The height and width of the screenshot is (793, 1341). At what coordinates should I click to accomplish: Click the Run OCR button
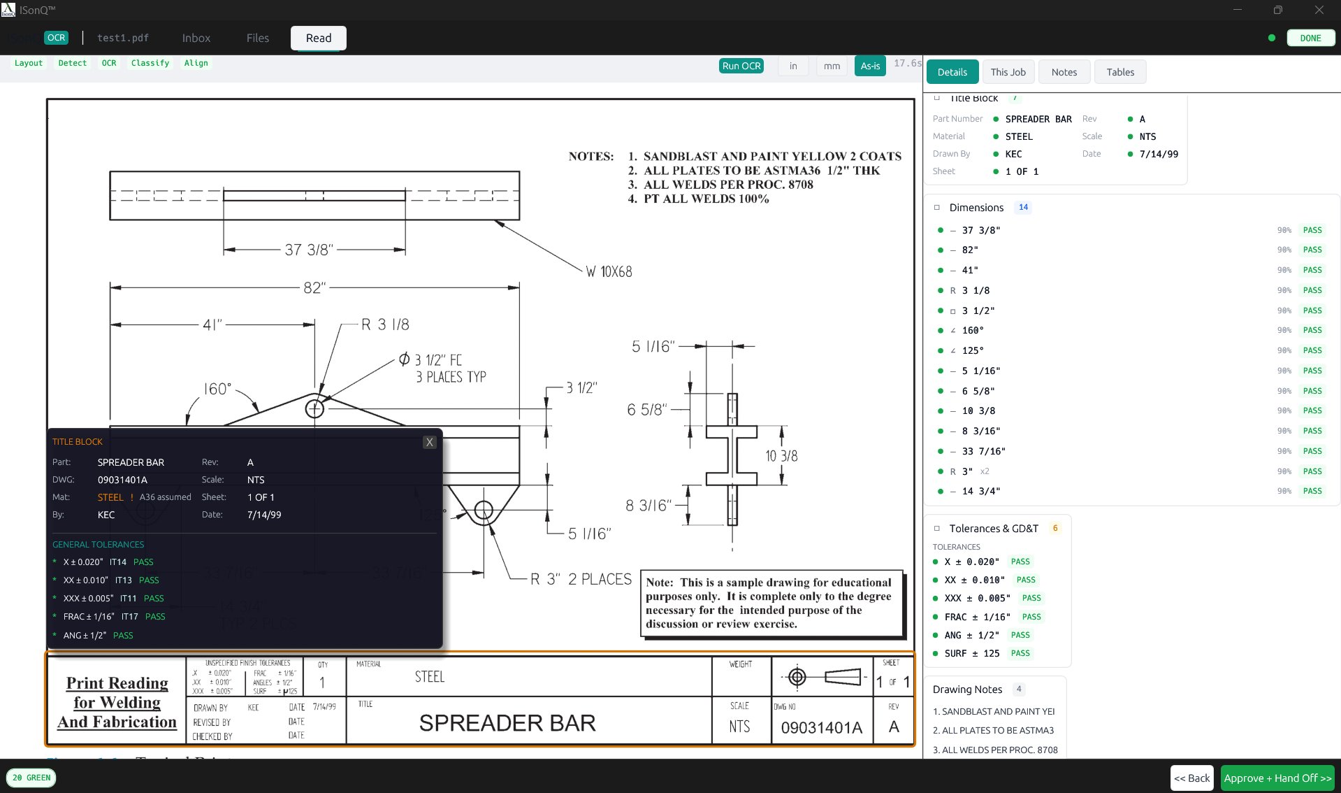point(741,66)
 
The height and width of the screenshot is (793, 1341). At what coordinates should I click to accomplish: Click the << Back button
point(1191,778)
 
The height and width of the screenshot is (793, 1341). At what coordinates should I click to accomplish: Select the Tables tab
point(1119,72)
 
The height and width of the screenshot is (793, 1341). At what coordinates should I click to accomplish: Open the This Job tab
point(1008,72)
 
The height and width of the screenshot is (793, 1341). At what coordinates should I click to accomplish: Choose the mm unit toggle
point(831,66)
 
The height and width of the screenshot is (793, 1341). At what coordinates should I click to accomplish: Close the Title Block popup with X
point(429,442)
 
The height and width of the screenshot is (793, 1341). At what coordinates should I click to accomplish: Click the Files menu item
point(257,38)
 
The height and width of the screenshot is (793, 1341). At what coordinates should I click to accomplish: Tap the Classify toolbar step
point(150,63)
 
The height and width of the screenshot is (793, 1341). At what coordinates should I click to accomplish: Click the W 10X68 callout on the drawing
point(609,272)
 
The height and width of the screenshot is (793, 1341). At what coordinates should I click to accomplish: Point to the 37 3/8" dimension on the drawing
point(308,250)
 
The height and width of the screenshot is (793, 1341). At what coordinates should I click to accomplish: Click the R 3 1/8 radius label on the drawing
point(385,324)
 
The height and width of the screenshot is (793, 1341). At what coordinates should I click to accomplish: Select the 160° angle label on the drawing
point(217,389)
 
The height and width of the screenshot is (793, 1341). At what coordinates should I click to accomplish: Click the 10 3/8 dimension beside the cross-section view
point(781,456)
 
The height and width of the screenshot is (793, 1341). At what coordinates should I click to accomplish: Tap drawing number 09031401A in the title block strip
point(821,727)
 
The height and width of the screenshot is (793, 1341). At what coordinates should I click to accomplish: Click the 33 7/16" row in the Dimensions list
point(983,451)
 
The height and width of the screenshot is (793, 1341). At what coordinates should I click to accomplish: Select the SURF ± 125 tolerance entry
point(971,653)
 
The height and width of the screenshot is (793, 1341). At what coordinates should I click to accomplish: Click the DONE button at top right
point(1310,38)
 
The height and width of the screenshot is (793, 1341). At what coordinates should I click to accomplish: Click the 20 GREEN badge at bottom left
point(31,778)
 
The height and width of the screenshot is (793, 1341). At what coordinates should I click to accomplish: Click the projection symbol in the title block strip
point(822,677)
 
